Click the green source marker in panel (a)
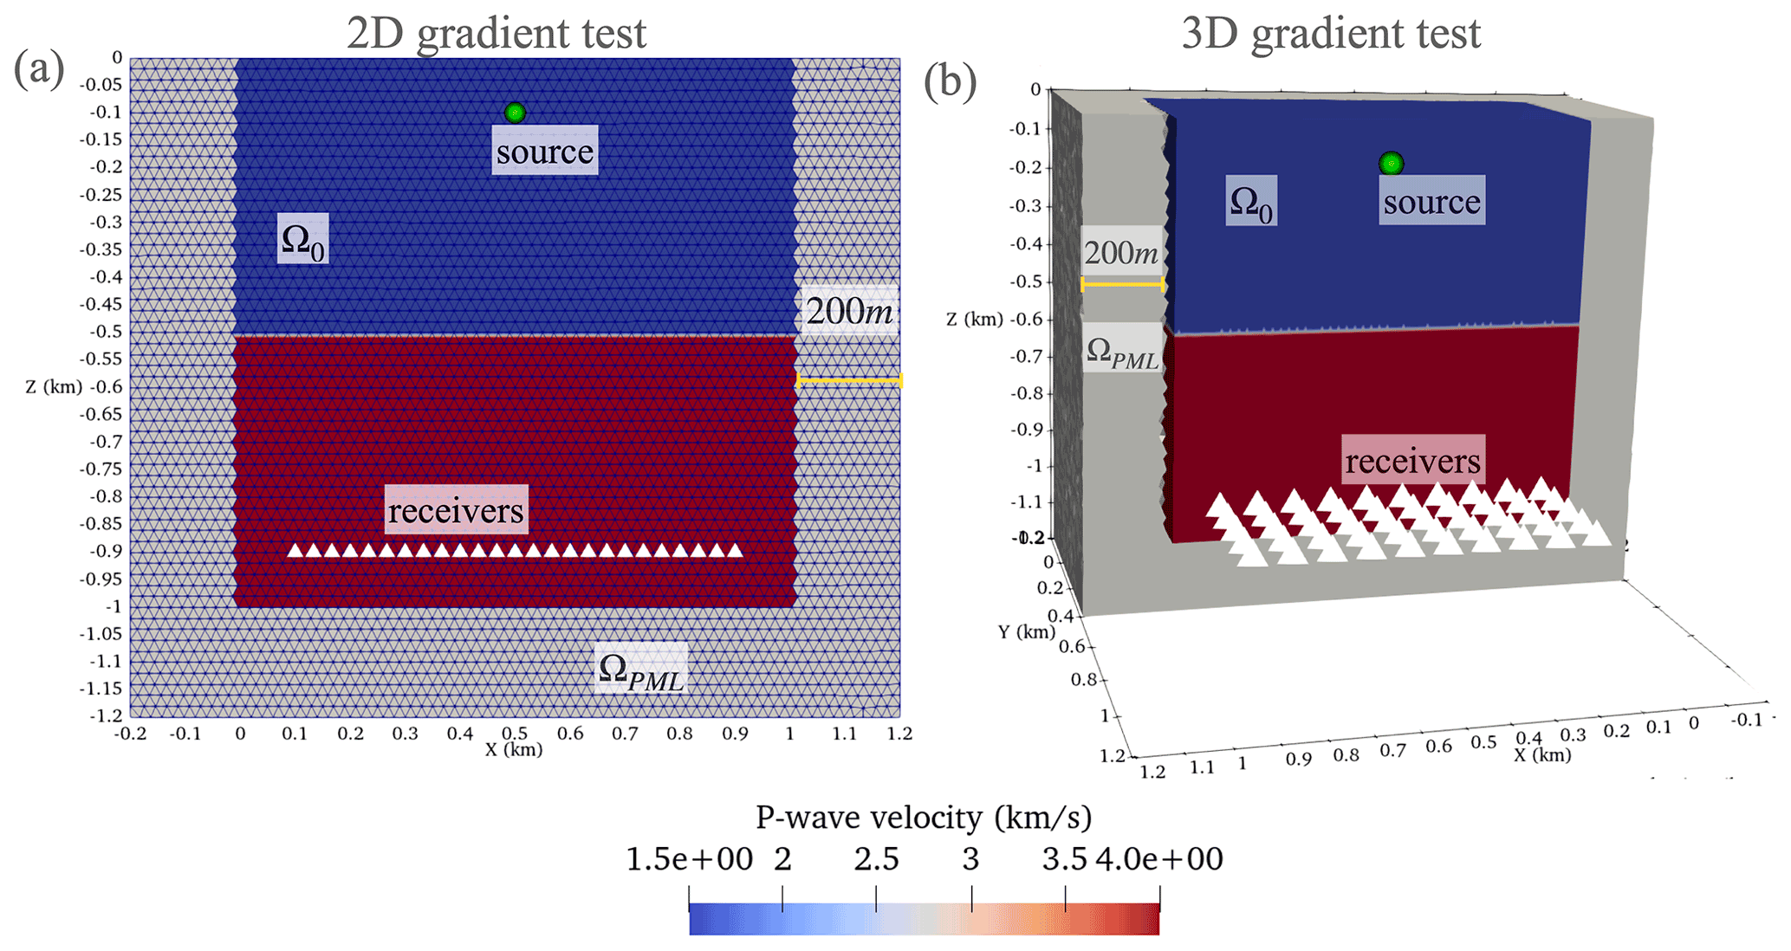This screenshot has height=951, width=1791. [515, 113]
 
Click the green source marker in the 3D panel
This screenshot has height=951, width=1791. [1391, 163]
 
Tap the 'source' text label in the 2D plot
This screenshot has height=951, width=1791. [545, 152]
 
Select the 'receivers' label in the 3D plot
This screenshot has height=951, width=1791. [1413, 461]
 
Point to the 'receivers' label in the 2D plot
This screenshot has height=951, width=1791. [456, 511]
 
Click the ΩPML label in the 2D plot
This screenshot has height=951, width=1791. [641, 670]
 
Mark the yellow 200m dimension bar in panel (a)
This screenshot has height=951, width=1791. [849, 380]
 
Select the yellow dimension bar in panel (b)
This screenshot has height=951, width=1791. [1122, 284]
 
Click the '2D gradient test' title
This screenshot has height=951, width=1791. [496, 33]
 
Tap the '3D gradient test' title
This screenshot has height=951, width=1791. [1331, 33]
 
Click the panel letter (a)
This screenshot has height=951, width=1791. [39, 68]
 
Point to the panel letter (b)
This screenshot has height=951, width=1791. [950, 82]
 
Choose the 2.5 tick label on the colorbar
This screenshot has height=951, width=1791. [876, 859]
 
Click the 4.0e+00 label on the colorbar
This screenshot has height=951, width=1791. [1159, 859]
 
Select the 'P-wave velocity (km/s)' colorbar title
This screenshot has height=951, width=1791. [924, 817]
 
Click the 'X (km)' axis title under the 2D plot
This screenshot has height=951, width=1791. [514, 750]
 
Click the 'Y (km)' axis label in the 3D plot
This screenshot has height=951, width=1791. [1026, 632]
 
